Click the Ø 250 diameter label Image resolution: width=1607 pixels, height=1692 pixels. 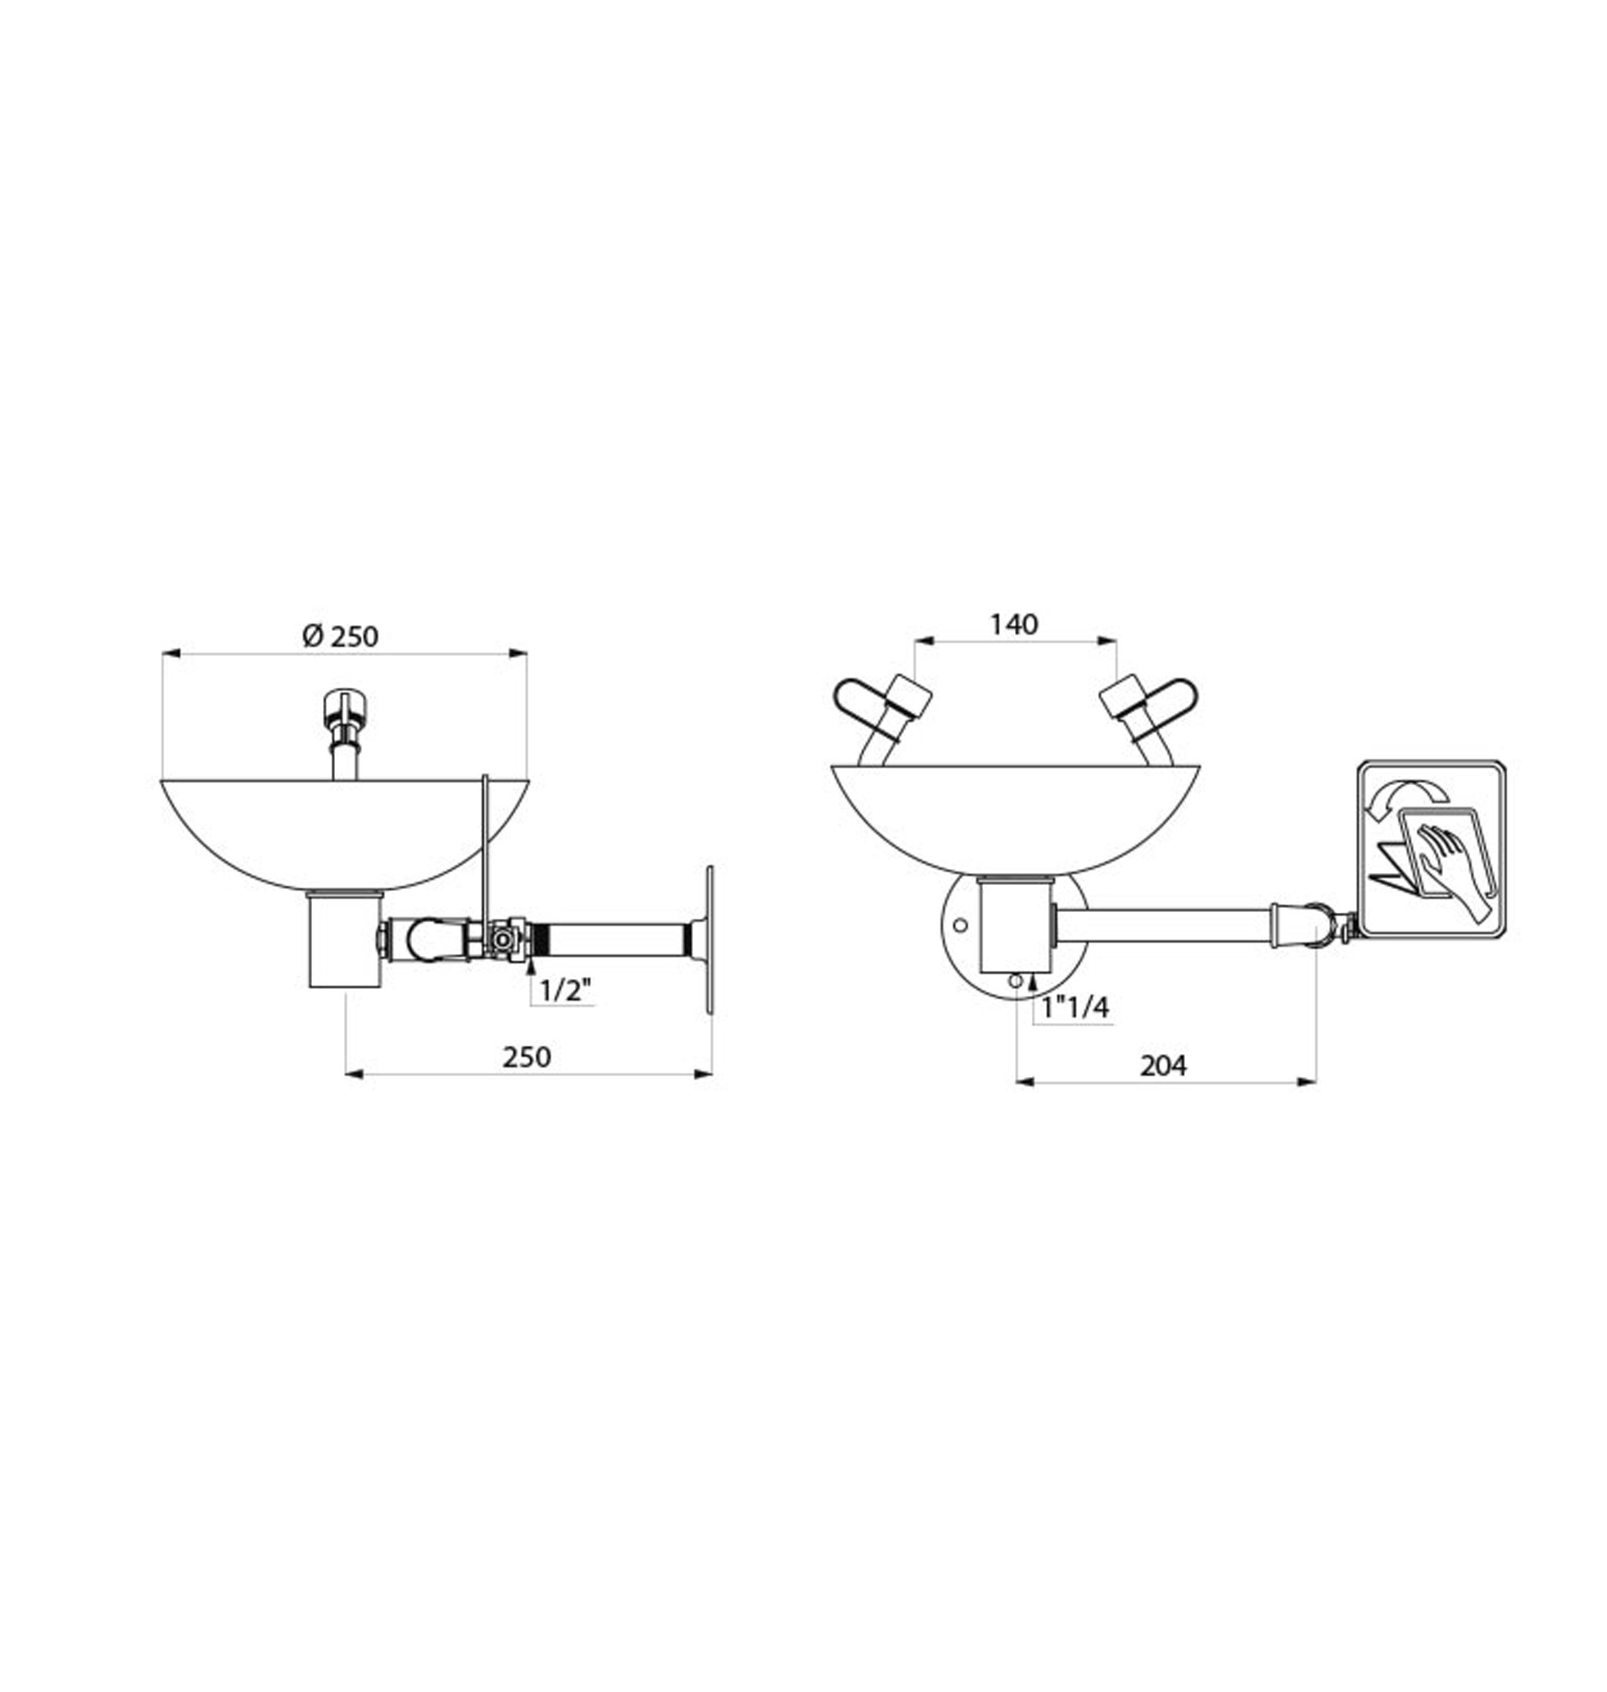(340, 636)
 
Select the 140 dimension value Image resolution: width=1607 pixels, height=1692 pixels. (1014, 624)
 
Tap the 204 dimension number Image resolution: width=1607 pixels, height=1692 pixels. (1163, 1066)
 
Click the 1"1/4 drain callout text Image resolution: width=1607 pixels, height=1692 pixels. (1076, 1008)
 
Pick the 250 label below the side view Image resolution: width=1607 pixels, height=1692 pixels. (527, 1057)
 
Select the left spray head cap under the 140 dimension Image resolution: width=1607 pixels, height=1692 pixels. (910, 695)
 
